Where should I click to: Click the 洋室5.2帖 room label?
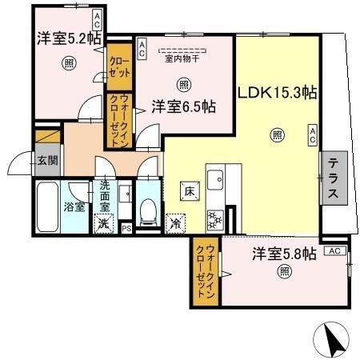tap(66, 37)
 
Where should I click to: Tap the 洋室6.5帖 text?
tap(185, 106)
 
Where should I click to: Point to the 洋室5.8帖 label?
tap(285, 254)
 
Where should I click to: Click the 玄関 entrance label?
tap(46, 160)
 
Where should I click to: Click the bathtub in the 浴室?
tap(47, 206)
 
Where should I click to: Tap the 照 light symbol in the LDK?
tap(278, 134)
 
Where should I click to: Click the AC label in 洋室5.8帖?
tap(335, 250)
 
